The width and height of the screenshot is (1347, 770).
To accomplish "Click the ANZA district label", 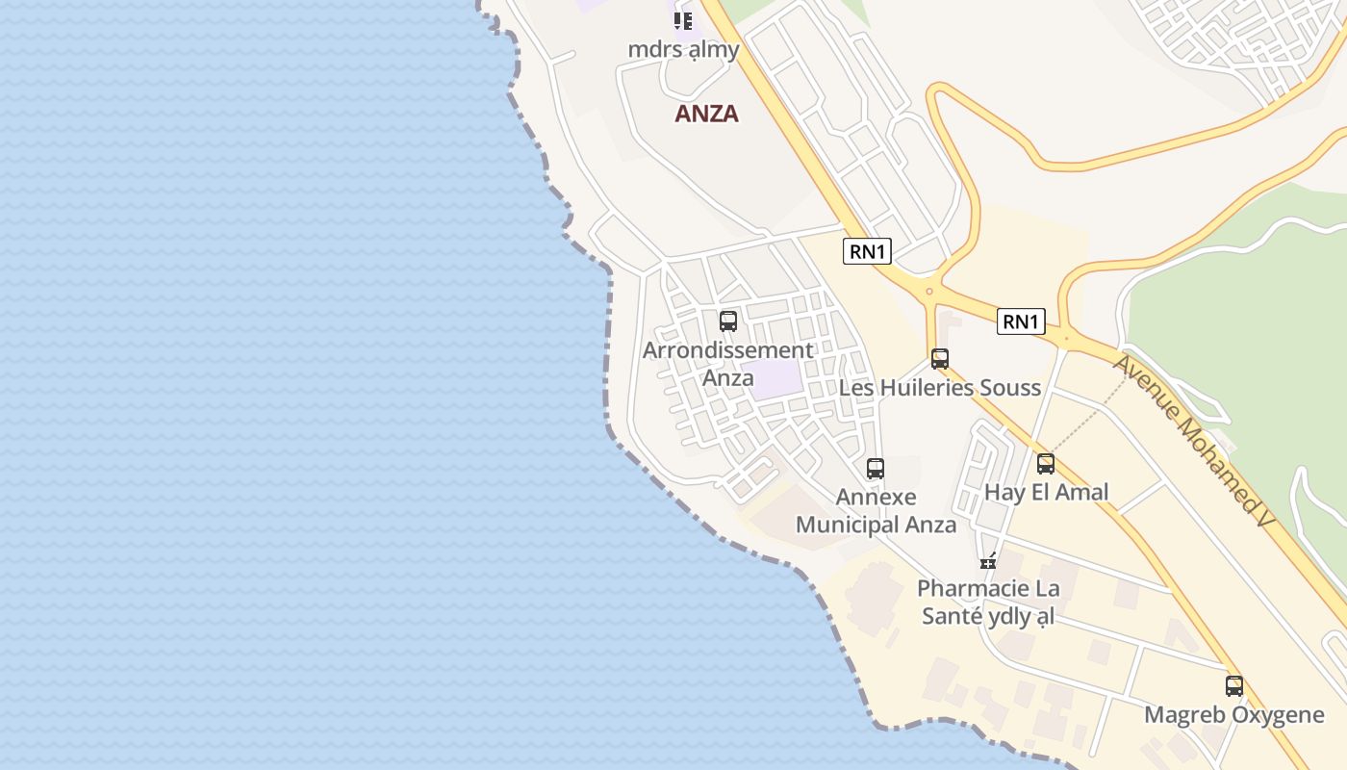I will tap(706, 114).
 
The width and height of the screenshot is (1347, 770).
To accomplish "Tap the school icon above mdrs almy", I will tap(683, 20).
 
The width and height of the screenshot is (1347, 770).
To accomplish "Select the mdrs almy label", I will tap(683, 49).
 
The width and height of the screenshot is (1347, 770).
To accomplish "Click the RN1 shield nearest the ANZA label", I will tap(867, 252).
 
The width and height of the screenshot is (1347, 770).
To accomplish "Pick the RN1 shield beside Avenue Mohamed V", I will tap(1021, 321).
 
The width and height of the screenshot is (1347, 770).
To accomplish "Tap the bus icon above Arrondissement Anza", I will tap(728, 321).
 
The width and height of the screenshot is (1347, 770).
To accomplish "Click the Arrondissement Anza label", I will tap(728, 364).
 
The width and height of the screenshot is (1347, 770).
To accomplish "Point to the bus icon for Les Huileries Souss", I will tap(940, 359).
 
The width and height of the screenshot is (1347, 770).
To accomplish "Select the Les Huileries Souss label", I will tap(940, 388).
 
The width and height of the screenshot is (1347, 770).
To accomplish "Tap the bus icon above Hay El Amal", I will tap(1046, 464).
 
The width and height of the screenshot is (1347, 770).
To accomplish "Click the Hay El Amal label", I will tap(1046, 493).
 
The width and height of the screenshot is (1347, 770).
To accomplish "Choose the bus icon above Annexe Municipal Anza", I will tap(876, 469).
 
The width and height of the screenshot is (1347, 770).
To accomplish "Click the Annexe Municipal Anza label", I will tap(876, 511).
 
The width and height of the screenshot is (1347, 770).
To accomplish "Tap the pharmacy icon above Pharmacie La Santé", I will tap(988, 561).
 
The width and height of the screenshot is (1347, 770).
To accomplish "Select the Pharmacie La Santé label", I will tap(988, 602).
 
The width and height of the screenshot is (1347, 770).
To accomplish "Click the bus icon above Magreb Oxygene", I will tap(1234, 686).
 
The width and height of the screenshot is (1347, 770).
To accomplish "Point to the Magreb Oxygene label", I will tap(1234, 715).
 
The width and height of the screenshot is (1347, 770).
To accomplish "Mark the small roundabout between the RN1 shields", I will tap(929, 291).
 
